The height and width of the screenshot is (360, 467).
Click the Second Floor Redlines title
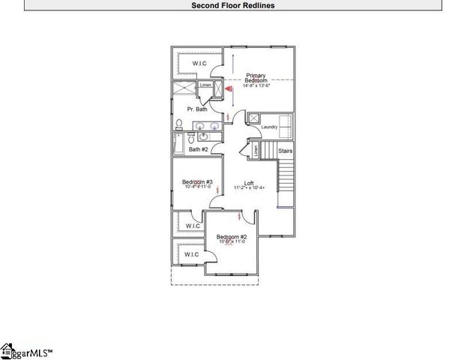pyautogui.click(x=233, y=4)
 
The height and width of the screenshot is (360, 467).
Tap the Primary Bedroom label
pyautogui.click(x=256, y=77)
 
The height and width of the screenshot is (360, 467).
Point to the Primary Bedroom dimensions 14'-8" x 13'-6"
pyautogui.click(x=256, y=85)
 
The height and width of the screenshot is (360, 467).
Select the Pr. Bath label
pyautogui.click(x=197, y=109)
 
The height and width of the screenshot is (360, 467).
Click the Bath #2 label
pyautogui.click(x=199, y=149)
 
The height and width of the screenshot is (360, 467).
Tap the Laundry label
pyautogui.click(x=270, y=127)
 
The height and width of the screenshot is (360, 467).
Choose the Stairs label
pyautogui.click(x=285, y=151)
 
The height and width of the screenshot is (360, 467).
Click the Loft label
pyautogui.click(x=248, y=182)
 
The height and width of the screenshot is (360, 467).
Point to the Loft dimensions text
pyautogui.click(x=248, y=187)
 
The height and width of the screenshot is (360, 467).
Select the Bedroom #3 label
pyautogui.click(x=198, y=182)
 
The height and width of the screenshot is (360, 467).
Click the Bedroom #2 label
pyautogui.click(x=233, y=236)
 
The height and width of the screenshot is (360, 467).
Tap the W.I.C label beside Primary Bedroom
pyautogui.click(x=199, y=62)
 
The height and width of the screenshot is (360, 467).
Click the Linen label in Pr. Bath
pyautogui.click(x=205, y=85)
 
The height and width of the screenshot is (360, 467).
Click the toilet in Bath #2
pyautogui.click(x=192, y=139)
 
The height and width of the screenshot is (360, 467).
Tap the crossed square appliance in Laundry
pyautogui.click(x=254, y=118)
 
